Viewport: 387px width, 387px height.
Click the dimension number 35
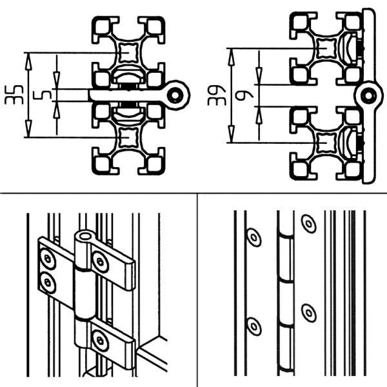click(x=14, y=95)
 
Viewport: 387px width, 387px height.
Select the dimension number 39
click(x=217, y=95)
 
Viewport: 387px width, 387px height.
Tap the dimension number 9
click(x=244, y=95)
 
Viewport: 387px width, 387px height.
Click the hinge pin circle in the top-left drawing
click(x=175, y=95)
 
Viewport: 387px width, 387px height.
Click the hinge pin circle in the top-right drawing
click(x=369, y=95)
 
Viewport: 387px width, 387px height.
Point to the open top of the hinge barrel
click(x=85, y=237)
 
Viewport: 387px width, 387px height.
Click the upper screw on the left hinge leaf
click(x=48, y=259)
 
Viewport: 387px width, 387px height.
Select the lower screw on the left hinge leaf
click(x=47, y=283)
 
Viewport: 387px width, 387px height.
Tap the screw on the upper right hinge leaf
click(x=100, y=262)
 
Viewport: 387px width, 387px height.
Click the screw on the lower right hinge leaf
click(x=100, y=341)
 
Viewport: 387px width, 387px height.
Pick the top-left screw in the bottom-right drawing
click(x=253, y=237)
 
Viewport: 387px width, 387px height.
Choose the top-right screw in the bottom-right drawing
click(x=308, y=224)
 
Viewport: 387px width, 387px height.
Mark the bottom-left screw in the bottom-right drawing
click(x=253, y=326)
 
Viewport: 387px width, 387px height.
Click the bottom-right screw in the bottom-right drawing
click(x=308, y=313)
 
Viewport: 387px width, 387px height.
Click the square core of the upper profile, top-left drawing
click(x=129, y=53)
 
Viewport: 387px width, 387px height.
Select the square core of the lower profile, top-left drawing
click(x=129, y=137)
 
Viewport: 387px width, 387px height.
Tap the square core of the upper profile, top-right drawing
click(x=326, y=48)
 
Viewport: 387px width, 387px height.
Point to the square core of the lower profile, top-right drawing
click(x=326, y=143)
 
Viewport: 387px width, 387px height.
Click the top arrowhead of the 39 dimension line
click(x=231, y=57)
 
